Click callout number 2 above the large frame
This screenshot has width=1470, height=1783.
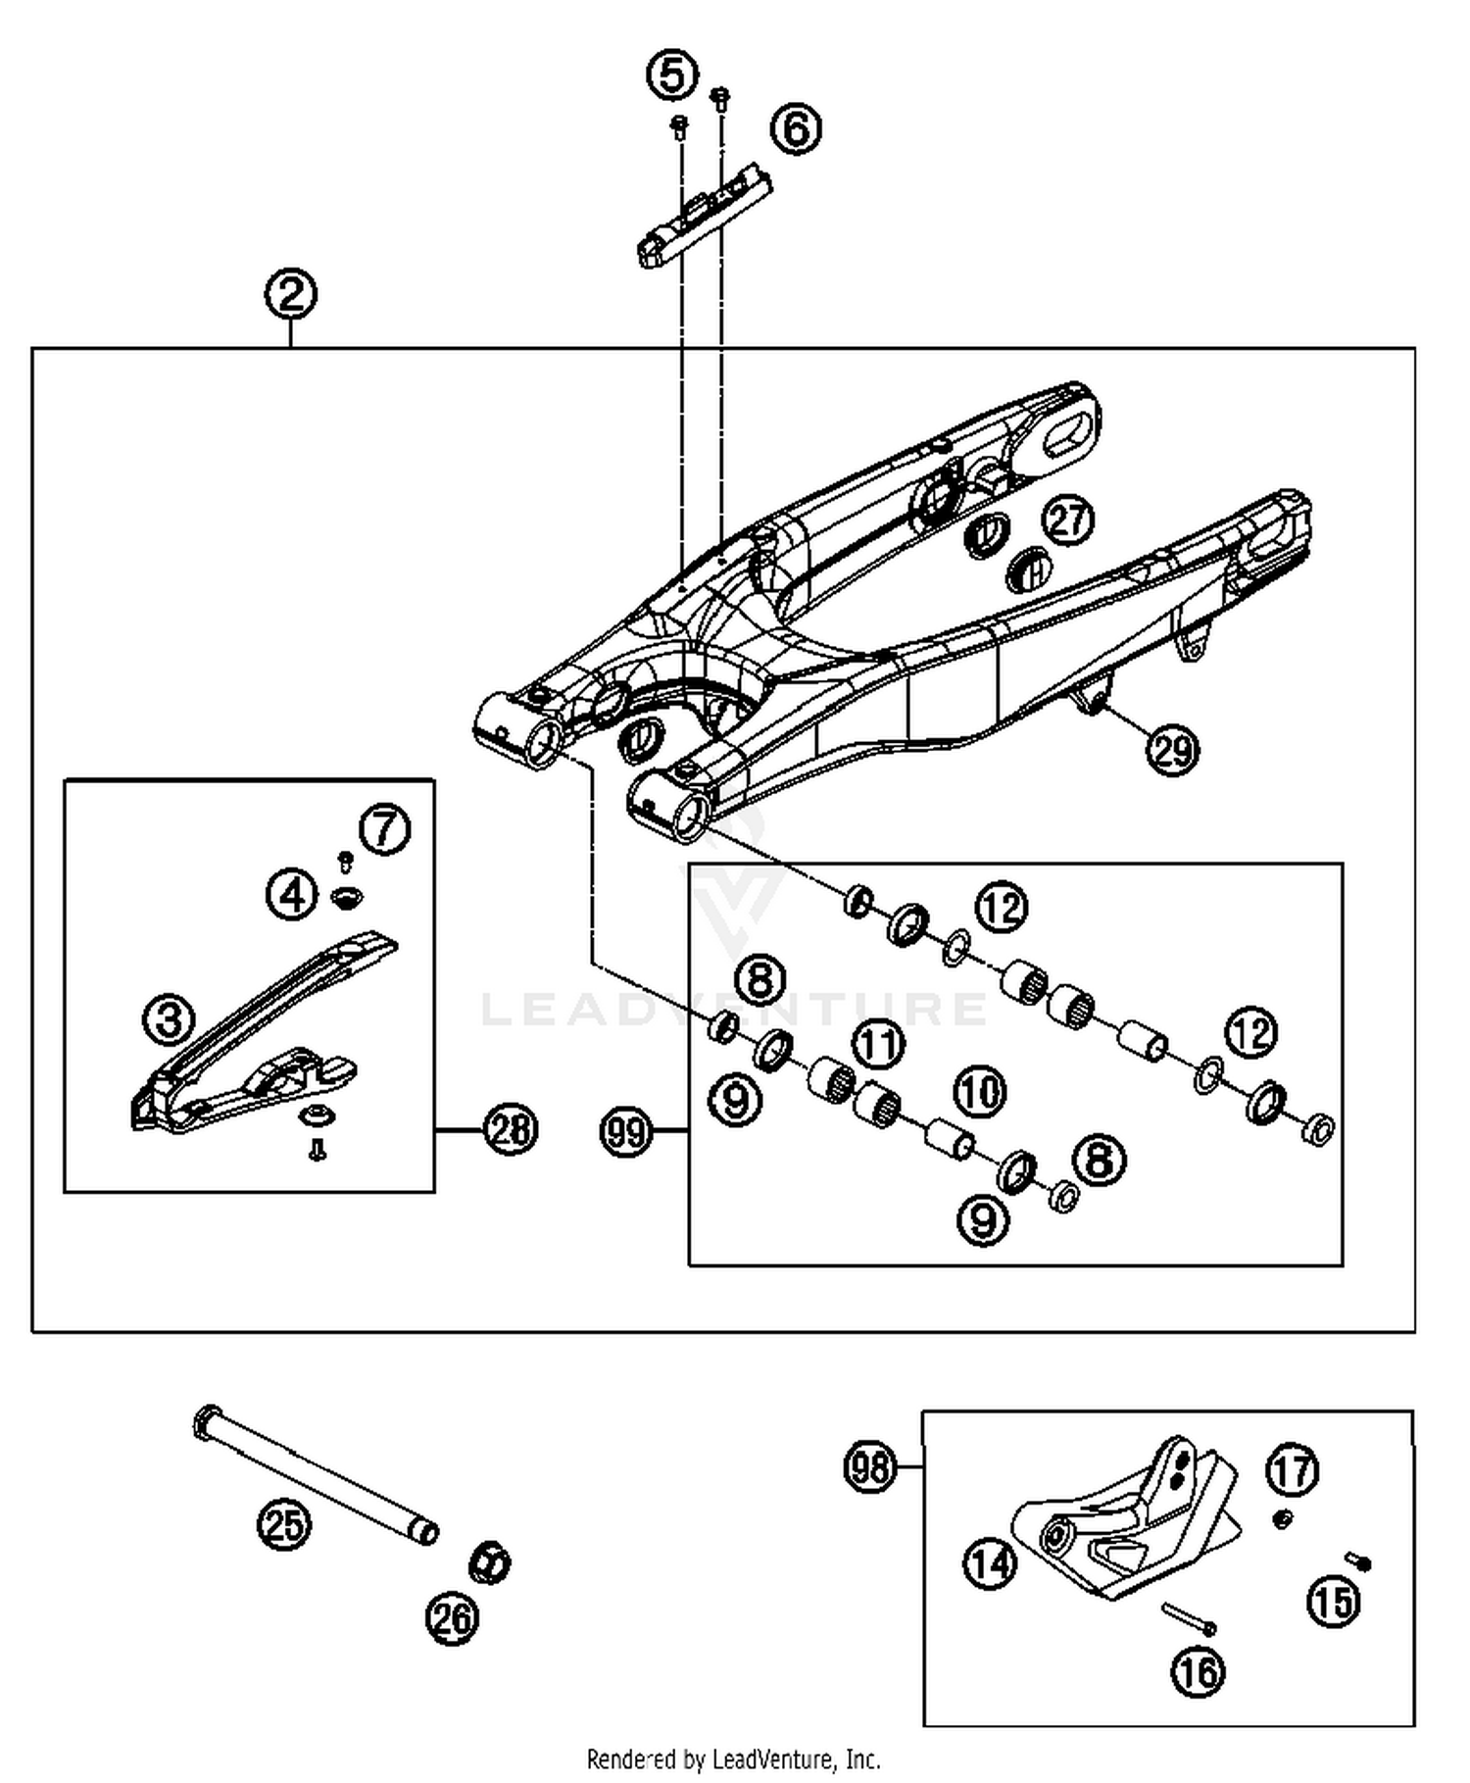coord(290,295)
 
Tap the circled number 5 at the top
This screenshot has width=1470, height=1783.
coord(673,75)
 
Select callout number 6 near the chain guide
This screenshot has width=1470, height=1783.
coord(796,129)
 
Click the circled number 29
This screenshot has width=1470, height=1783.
coord(1173,750)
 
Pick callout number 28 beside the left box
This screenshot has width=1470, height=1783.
coord(511,1129)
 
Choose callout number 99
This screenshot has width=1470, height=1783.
coord(625,1132)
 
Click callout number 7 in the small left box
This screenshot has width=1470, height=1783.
coord(384,830)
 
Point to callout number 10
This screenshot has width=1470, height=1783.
coord(980,1092)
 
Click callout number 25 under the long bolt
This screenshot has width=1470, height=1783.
coord(284,1524)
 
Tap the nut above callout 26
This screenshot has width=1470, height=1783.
coord(490,1562)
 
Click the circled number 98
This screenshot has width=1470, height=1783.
coord(870,1467)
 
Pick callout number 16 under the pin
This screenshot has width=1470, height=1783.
coord(1198,1671)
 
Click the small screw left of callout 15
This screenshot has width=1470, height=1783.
coord(1357,1561)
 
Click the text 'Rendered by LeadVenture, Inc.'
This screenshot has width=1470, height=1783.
coord(733,1758)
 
